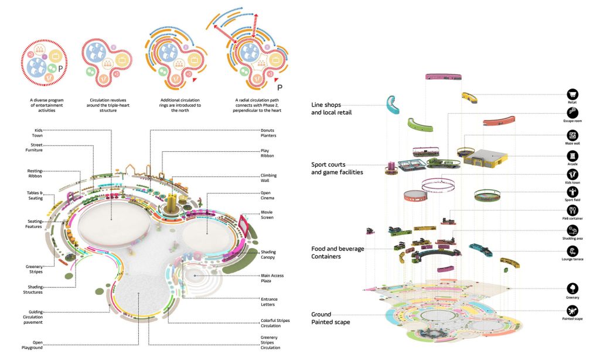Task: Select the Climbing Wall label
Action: (269, 178)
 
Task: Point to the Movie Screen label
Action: (269, 215)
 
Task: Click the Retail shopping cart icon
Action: (572, 94)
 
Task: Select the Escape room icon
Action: (572, 114)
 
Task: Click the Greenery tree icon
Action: (572, 288)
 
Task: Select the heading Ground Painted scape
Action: (330, 318)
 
